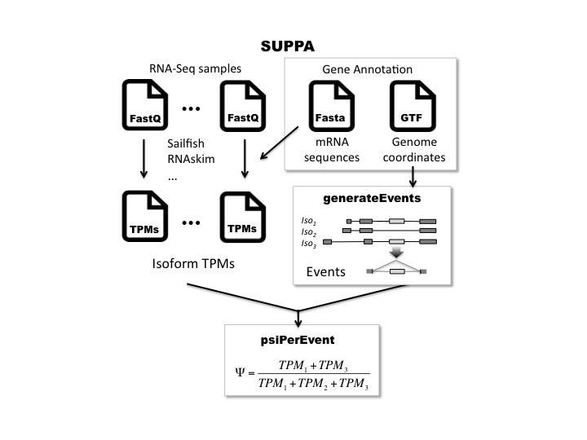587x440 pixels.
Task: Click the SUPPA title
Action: click(288, 46)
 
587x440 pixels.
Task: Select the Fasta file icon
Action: click(331, 106)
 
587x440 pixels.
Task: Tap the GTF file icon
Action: click(413, 106)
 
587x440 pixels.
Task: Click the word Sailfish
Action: click(186, 143)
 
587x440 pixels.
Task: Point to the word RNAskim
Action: click(191, 159)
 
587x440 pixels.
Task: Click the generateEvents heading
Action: click(372, 198)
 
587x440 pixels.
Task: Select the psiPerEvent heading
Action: click(298, 340)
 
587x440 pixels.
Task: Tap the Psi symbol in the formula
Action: click(240, 372)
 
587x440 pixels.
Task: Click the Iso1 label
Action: click(308, 221)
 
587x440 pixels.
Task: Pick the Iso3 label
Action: click(308, 244)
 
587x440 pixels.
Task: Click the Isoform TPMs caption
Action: click(193, 263)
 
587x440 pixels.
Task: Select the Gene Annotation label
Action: click(367, 69)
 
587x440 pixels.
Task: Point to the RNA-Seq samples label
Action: click(195, 68)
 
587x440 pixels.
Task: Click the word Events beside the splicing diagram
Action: click(325, 271)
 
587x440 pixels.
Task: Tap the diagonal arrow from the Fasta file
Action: click(280, 143)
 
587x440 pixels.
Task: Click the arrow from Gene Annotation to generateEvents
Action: click(413, 177)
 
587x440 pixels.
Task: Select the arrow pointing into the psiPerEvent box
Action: click(298, 318)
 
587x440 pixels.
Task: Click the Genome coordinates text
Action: click(414, 150)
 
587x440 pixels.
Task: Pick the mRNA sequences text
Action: click(332, 150)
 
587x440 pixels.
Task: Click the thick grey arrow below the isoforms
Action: click(396, 253)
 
